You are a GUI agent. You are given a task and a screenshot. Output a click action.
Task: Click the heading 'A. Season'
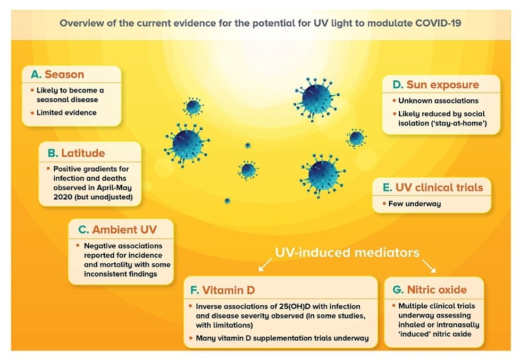57,74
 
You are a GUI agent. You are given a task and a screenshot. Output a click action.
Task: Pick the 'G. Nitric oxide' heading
430,290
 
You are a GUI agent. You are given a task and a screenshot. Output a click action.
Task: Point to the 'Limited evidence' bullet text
66,113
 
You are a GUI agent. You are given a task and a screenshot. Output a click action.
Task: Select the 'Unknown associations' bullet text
438,101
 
